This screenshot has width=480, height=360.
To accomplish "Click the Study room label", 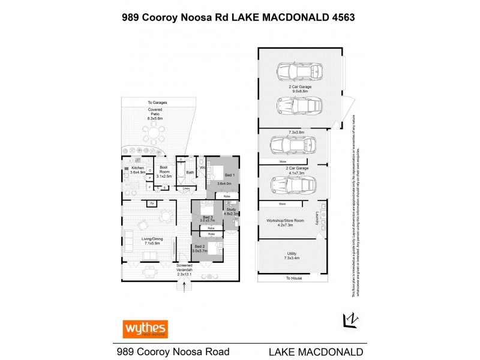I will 231,211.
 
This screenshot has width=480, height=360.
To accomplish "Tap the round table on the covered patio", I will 155,132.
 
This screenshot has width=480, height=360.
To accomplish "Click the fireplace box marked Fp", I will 152,204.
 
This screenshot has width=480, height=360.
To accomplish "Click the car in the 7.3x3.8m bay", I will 293,145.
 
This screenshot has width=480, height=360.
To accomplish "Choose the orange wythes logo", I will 145,329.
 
